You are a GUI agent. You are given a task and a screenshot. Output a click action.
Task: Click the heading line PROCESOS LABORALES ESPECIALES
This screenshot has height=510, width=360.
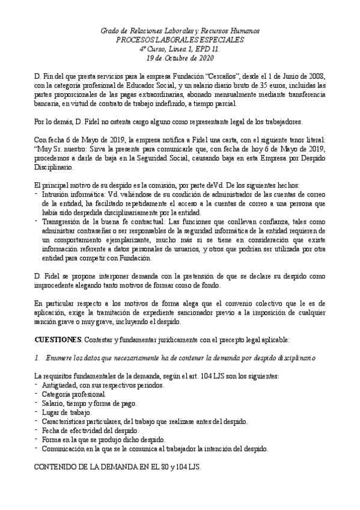[180, 40]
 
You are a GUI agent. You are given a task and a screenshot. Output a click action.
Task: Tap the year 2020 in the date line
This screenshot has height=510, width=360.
[204, 58]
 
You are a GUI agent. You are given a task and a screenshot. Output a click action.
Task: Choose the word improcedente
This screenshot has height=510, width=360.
[57, 285]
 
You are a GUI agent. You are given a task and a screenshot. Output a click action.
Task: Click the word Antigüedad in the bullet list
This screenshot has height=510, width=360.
[59, 386]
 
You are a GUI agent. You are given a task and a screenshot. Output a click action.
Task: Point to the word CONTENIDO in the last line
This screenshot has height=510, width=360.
[56, 467]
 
